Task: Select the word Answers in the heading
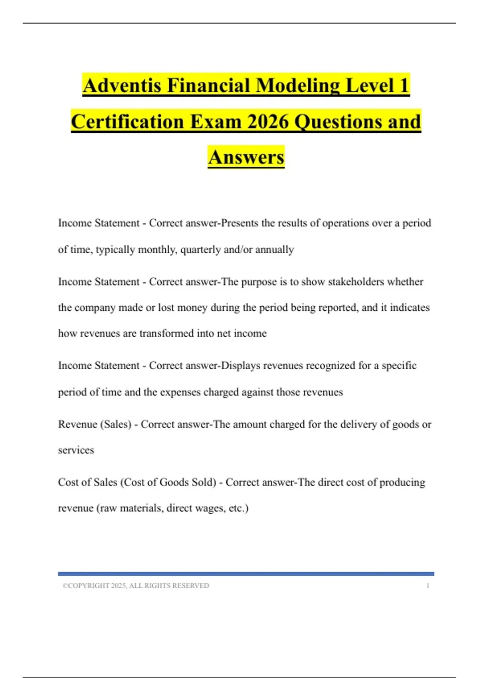(x=246, y=157)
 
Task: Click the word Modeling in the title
(x=298, y=86)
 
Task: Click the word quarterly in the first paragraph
(x=200, y=250)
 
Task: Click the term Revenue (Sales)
(x=95, y=424)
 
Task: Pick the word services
(x=76, y=450)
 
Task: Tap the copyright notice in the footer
(x=136, y=585)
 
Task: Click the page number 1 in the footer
(x=428, y=585)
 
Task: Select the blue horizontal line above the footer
(x=246, y=574)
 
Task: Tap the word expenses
(x=180, y=392)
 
